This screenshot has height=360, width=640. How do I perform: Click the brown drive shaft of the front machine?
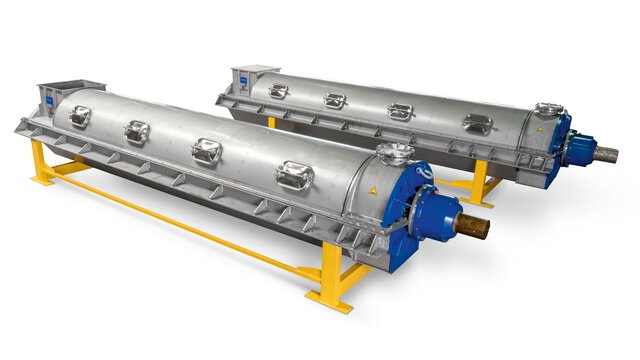(473, 225)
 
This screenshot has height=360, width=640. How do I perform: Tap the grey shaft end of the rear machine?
(604, 154)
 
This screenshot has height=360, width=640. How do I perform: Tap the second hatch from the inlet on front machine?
(137, 131)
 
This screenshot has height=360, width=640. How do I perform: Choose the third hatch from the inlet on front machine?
(206, 151)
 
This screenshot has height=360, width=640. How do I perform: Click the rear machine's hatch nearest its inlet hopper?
(279, 91)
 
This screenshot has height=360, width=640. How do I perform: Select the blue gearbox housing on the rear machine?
(577, 148)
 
